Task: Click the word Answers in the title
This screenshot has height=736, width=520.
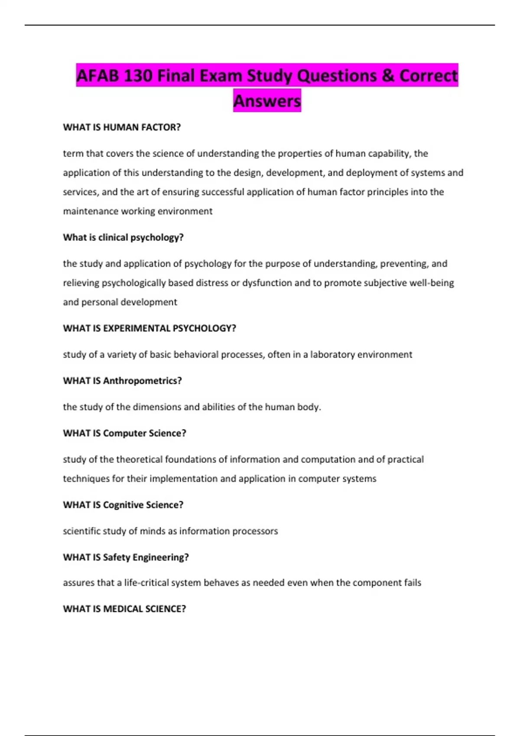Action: tap(267, 101)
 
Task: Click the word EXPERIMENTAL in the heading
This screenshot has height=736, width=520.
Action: tap(136, 328)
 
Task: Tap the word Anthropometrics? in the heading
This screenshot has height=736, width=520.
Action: tap(142, 381)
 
